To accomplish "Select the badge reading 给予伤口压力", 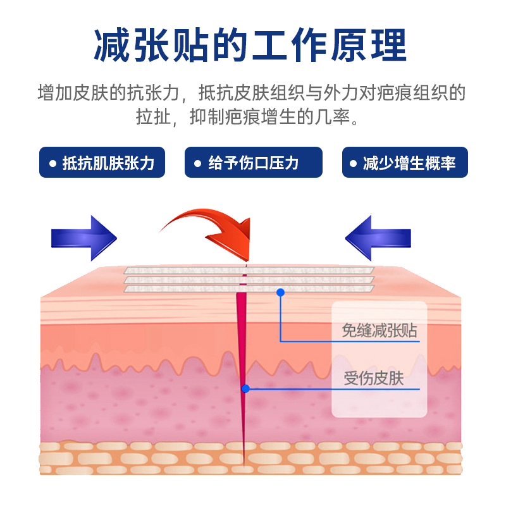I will (x=254, y=163).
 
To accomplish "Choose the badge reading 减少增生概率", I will (x=404, y=163).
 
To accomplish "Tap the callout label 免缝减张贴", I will (x=379, y=330).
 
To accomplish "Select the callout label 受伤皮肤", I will (x=374, y=379).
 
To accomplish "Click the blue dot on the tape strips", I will (x=280, y=292).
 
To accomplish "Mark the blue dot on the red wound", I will (x=245, y=389).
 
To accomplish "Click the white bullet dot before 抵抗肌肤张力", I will (x=52, y=164).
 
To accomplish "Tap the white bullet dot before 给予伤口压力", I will (x=197, y=164).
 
